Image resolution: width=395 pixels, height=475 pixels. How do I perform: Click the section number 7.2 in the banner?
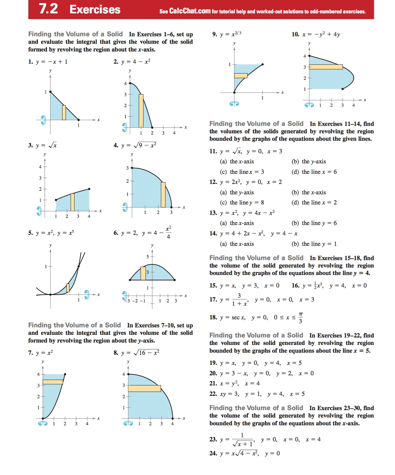coord(48,9)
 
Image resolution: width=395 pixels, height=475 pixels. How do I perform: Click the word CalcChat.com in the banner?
coord(190,11)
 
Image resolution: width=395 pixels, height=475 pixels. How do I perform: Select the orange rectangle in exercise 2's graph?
coord(141,111)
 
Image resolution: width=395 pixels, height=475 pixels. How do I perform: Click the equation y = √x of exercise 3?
coord(46,145)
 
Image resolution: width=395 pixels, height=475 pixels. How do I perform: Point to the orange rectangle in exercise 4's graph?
coord(163,195)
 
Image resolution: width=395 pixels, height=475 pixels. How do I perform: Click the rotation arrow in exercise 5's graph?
coord(87,294)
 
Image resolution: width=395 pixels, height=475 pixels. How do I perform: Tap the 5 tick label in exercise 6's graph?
coord(147,257)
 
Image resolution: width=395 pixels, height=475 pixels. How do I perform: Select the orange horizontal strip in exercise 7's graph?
coord(53,382)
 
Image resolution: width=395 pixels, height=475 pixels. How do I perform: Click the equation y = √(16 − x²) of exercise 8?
coord(140,353)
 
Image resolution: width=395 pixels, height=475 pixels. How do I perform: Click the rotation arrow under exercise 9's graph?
coord(234,104)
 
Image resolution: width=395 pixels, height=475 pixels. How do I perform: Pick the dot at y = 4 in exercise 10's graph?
coord(309,56)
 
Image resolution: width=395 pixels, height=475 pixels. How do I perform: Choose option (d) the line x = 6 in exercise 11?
coord(314,172)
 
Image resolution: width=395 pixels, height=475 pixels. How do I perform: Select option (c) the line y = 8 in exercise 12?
coord(242,203)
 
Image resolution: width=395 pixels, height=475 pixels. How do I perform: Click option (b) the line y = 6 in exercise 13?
coord(314,223)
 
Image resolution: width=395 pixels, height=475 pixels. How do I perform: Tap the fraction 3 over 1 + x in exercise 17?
coord(239,300)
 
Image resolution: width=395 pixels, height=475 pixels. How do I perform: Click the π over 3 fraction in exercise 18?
coord(301,318)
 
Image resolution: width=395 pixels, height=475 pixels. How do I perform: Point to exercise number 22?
coord(213,394)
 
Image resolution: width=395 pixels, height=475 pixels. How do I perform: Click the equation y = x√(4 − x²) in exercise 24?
coord(239,453)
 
